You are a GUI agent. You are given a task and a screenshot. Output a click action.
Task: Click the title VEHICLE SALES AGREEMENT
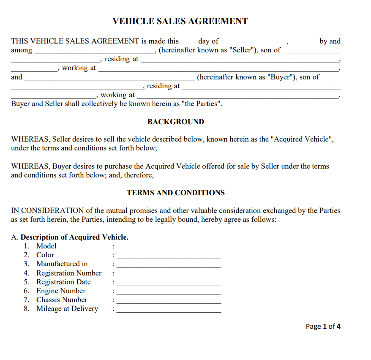pos(180,21)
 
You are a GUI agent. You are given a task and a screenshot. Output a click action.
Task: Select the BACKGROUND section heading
pos(176,122)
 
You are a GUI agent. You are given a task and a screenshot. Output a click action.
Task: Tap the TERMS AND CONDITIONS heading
pos(176,193)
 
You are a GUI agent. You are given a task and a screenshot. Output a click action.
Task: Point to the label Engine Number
pos(61,291)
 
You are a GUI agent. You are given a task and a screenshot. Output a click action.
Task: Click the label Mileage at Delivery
pos(67,308)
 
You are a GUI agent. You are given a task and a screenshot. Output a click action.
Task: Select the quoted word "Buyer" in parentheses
pos(280,77)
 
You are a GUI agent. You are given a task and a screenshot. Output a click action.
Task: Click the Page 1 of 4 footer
pos(323,326)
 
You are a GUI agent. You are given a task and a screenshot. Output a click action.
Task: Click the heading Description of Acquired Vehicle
pos(74,237)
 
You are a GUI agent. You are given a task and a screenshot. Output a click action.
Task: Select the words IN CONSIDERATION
pos(47,210)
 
